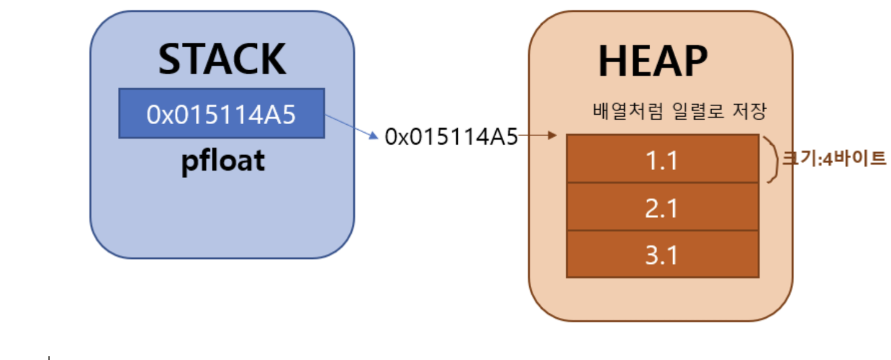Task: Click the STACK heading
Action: pos(222,60)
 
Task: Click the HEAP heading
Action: pos(653,61)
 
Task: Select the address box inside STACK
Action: pos(222,113)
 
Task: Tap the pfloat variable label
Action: pos(223,161)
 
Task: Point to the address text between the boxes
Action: pos(451,137)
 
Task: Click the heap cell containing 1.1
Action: pos(662,159)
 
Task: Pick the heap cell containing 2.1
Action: pos(662,207)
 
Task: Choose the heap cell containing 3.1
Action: pos(662,254)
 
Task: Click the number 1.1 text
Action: pos(661,160)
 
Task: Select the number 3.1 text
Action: pos(661,254)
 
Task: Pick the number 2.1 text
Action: pos(661,207)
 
